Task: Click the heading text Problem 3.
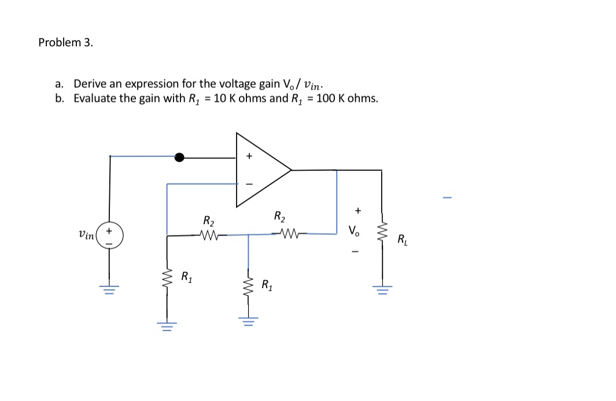click(x=65, y=42)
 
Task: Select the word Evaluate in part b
click(x=95, y=98)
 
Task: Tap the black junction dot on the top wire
click(x=180, y=156)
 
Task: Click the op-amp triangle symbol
click(x=260, y=170)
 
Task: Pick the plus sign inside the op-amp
click(x=249, y=156)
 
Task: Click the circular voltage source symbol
click(x=110, y=236)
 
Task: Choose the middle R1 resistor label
click(x=267, y=284)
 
